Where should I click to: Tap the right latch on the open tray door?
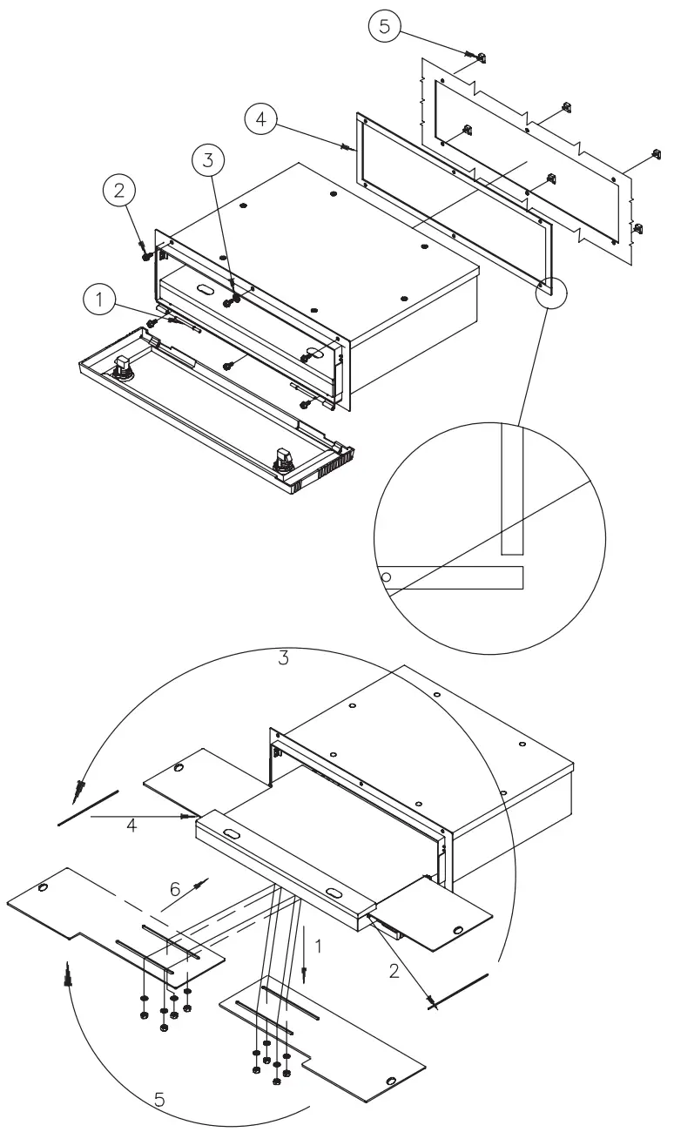(284, 459)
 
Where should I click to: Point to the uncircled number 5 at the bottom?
(159, 1100)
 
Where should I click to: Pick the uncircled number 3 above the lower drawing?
(283, 658)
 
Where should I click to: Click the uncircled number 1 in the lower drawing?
(319, 944)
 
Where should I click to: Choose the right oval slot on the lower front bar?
(334, 891)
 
